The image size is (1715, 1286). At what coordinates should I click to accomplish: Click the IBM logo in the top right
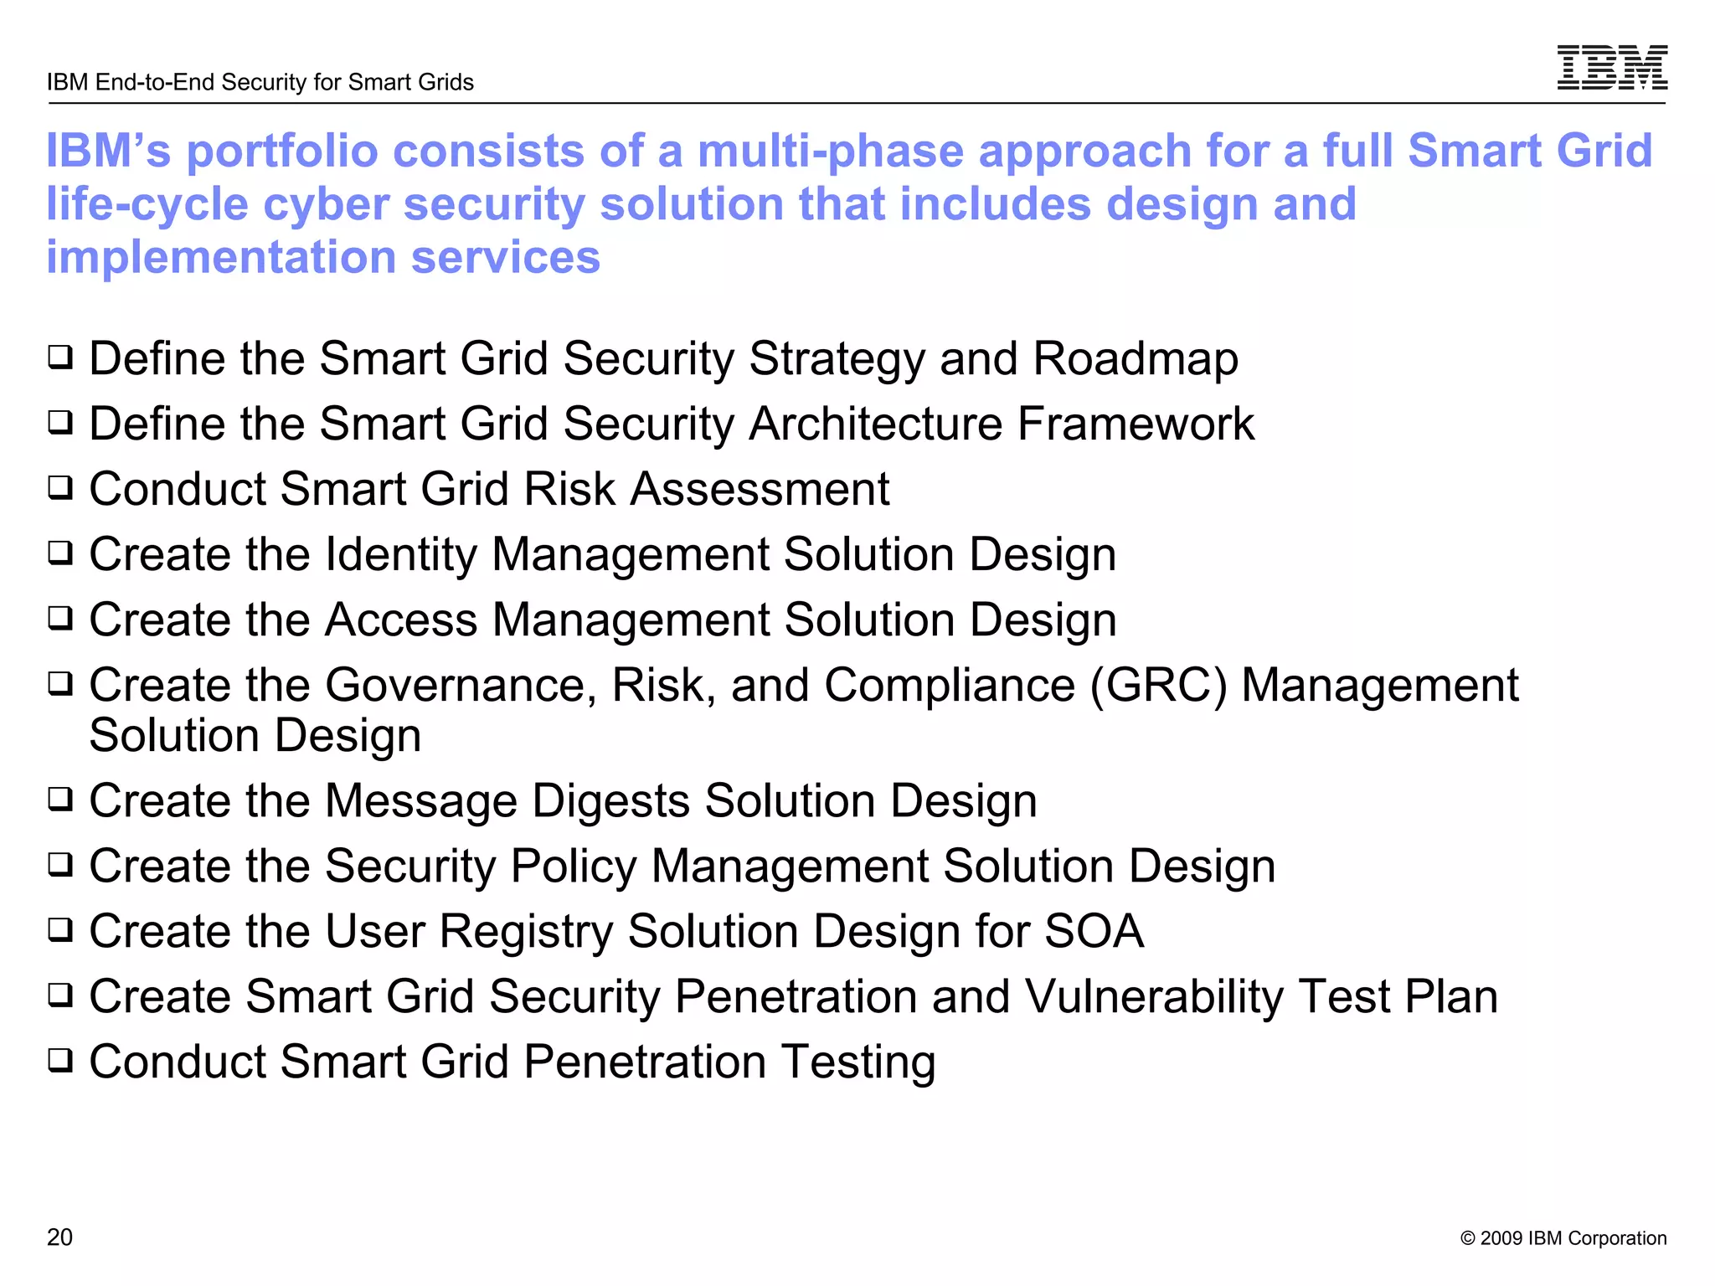pos(1611,67)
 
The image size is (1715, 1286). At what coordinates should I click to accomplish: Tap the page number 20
pos(59,1237)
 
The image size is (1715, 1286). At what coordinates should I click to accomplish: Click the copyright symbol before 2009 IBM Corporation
pos(1467,1238)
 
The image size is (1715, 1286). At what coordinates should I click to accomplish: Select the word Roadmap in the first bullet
pos(1135,359)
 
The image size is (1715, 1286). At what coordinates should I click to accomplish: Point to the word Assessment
pos(760,489)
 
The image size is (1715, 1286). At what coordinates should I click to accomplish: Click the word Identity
pos(400,554)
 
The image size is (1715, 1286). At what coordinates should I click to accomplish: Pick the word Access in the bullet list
pos(400,620)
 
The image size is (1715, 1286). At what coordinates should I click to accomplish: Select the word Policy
pos(573,867)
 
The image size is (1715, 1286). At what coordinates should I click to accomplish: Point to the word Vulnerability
pos(1154,996)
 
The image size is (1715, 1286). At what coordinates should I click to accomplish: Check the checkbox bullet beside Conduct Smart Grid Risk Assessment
pos(60,487)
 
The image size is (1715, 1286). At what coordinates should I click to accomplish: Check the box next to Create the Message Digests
pos(60,800)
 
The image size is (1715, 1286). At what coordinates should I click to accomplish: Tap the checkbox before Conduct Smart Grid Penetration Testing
pos(60,1060)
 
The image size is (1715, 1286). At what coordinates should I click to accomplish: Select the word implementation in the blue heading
pos(221,257)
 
